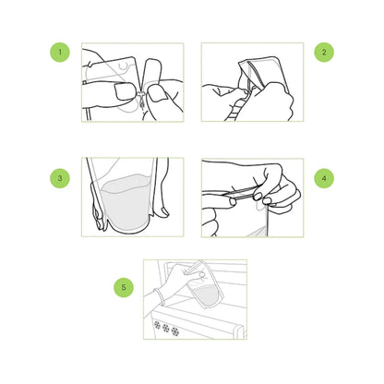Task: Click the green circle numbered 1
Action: coord(60,52)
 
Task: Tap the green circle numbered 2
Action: coord(324,52)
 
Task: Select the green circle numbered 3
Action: coord(60,178)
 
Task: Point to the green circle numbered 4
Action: coord(324,178)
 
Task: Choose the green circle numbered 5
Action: coord(124,287)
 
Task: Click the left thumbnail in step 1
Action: coord(124,91)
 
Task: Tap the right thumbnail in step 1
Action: coord(158,93)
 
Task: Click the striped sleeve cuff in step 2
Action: coord(234,112)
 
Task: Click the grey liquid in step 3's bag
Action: coord(126,201)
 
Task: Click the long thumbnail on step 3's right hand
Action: coord(164,210)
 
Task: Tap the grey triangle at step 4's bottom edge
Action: coord(258,231)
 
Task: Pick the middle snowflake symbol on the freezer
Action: coord(166,328)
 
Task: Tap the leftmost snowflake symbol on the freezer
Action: coord(158,325)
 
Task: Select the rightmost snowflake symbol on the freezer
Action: coord(175,331)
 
